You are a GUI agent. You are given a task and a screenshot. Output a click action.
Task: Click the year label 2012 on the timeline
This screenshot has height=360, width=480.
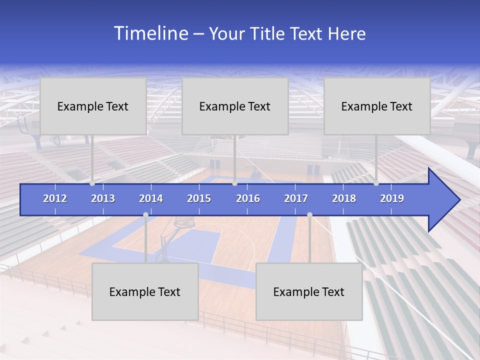pos(55,198)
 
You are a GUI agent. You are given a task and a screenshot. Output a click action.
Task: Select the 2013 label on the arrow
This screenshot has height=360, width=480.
pos(103,198)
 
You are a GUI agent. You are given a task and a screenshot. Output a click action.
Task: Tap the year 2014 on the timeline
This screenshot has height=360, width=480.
pos(151,198)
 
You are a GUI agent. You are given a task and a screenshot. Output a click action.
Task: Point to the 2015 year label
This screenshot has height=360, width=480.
pos(199,198)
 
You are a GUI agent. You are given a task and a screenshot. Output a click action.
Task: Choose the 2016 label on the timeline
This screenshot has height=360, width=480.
pos(248,198)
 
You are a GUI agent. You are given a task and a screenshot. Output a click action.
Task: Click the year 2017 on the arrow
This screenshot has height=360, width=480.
pos(296,198)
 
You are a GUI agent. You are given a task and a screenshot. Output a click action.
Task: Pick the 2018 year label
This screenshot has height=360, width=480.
pos(344,198)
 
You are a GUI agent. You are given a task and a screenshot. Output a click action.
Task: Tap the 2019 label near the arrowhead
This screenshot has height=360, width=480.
pos(392,198)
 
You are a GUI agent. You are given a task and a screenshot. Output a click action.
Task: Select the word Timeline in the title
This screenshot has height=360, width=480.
pos(150,33)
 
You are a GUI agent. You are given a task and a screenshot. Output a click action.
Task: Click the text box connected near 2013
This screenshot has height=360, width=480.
pos(93,106)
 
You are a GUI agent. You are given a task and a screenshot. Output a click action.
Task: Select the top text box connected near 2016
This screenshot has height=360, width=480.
pos(235,106)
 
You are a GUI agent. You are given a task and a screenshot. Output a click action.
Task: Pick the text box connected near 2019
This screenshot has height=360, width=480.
pos(377,106)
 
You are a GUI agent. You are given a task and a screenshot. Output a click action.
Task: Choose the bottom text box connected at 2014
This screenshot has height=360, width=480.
pos(145,291)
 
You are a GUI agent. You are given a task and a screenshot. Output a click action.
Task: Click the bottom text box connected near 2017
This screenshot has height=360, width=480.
pos(309,291)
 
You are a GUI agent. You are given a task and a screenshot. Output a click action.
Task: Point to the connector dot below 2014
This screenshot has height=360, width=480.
pos(145,214)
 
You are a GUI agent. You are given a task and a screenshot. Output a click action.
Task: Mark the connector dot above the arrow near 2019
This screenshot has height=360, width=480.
pos(376,183)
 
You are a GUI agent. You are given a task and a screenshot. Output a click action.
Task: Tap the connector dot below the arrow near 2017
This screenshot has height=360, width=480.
pos(309,214)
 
